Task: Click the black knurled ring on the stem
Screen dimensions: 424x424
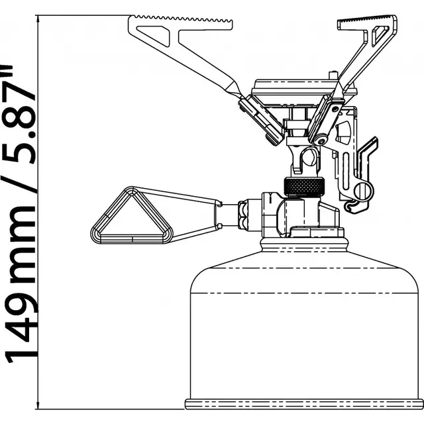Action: pos(302,187)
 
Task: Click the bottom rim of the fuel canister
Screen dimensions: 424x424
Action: pos(305,403)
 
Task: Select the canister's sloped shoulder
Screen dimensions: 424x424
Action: pos(305,255)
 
